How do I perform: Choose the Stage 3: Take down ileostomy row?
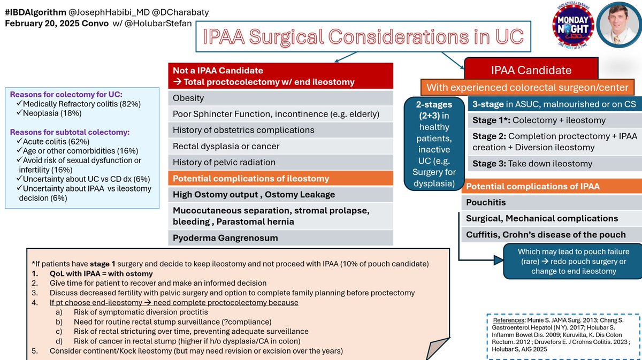coord(554,164)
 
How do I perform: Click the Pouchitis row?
coord(551,203)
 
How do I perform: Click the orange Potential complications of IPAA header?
coord(551,186)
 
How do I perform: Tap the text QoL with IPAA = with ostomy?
coord(101,273)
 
